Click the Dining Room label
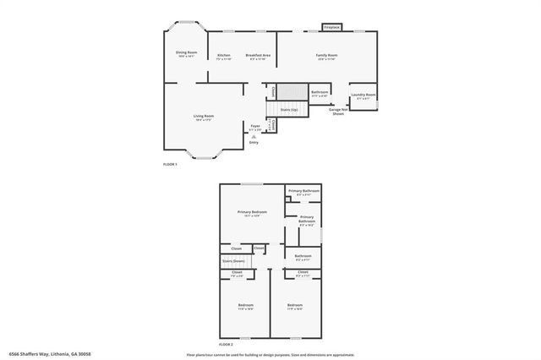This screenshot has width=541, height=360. pyautogui.click(x=185, y=53)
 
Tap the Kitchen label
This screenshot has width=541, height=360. pyautogui.click(x=224, y=55)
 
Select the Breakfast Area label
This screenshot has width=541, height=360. pyautogui.click(x=258, y=55)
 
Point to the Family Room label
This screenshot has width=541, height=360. pyautogui.click(x=327, y=55)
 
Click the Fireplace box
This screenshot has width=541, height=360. pyautogui.click(x=331, y=28)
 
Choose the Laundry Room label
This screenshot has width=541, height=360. pyautogui.click(x=365, y=95)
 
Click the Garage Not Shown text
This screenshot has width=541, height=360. pyautogui.click(x=336, y=111)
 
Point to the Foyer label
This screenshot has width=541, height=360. pyautogui.click(x=254, y=125)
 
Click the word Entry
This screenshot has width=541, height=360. pyautogui.click(x=254, y=142)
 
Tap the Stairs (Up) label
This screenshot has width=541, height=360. pyautogui.click(x=288, y=110)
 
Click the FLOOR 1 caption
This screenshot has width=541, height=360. pyautogui.click(x=170, y=164)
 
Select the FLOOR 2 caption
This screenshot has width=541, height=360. pyautogui.click(x=226, y=344)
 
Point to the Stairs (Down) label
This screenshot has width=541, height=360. pyautogui.click(x=233, y=261)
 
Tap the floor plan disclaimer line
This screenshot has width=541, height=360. pyautogui.click(x=270, y=354)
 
